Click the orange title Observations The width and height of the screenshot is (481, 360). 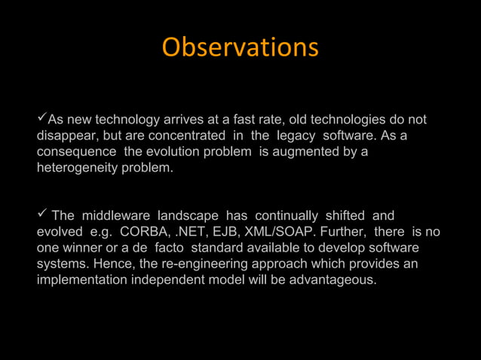point(240,47)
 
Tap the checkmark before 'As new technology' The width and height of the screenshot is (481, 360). point(42,119)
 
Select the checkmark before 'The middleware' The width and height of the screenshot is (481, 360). point(42,215)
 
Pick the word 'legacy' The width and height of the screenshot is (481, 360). point(296,136)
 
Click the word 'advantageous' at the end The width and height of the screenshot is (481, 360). point(333,280)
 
